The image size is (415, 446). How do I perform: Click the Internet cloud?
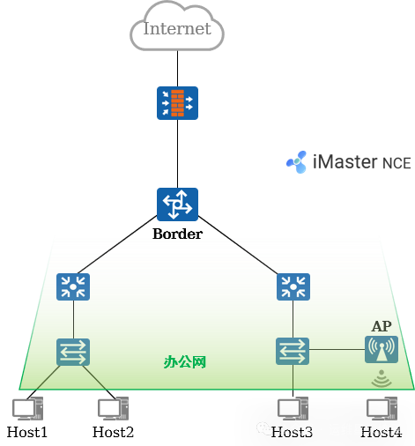pos(177,30)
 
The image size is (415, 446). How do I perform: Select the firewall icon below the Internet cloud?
pos(177,103)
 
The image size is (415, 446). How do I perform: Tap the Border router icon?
pos(177,204)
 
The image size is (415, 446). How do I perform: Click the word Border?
pos(177,234)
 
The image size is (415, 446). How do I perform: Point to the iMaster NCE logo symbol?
pos(297,162)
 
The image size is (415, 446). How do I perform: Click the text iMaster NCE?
pos(362,163)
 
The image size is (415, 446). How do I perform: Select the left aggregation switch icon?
pos(73,286)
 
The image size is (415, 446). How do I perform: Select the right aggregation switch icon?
pos(293,286)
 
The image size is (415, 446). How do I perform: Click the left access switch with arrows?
pos(73,352)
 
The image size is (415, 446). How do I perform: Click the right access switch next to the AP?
pos(293,351)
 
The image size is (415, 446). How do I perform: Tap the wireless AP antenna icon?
pos(382,349)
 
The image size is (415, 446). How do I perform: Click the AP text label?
pos(382,326)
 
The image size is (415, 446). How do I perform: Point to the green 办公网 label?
pos(185,361)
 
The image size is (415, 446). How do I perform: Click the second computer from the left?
pos(113,409)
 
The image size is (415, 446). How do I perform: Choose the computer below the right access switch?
pos(293,409)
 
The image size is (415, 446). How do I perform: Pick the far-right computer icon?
pos(382,409)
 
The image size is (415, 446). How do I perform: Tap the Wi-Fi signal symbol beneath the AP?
pos(382,378)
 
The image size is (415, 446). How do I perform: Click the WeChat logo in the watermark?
pos(264,428)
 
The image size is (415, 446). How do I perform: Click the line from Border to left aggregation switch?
pos(110,250)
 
